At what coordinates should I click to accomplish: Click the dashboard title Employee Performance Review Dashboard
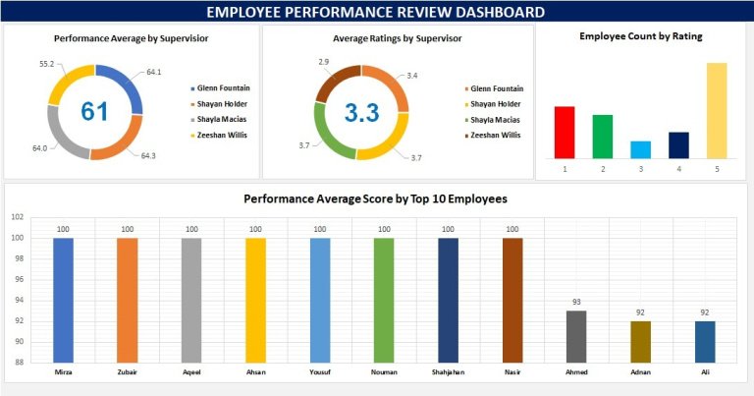pos(377,12)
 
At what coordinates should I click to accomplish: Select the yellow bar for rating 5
pos(717,110)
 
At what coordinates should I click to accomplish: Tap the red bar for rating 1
pos(564,132)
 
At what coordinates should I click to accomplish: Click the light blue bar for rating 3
pos(640,149)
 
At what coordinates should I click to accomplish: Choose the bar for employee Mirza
pos(63,299)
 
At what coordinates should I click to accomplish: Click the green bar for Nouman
pos(384,299)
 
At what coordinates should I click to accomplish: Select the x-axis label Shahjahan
pos(448,372)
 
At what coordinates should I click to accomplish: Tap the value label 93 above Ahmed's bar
pos(576,302)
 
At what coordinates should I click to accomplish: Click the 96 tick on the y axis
pos(17,279)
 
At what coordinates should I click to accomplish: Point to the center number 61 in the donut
pos(94,112)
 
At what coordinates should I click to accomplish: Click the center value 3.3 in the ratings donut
pos(361,113)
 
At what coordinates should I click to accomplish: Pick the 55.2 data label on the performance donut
pos(45,63)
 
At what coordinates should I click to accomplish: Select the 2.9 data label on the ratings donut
pos(324,62)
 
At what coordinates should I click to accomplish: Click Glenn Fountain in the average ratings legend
pos(497,87)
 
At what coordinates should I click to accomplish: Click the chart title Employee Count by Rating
pos(640,35)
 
